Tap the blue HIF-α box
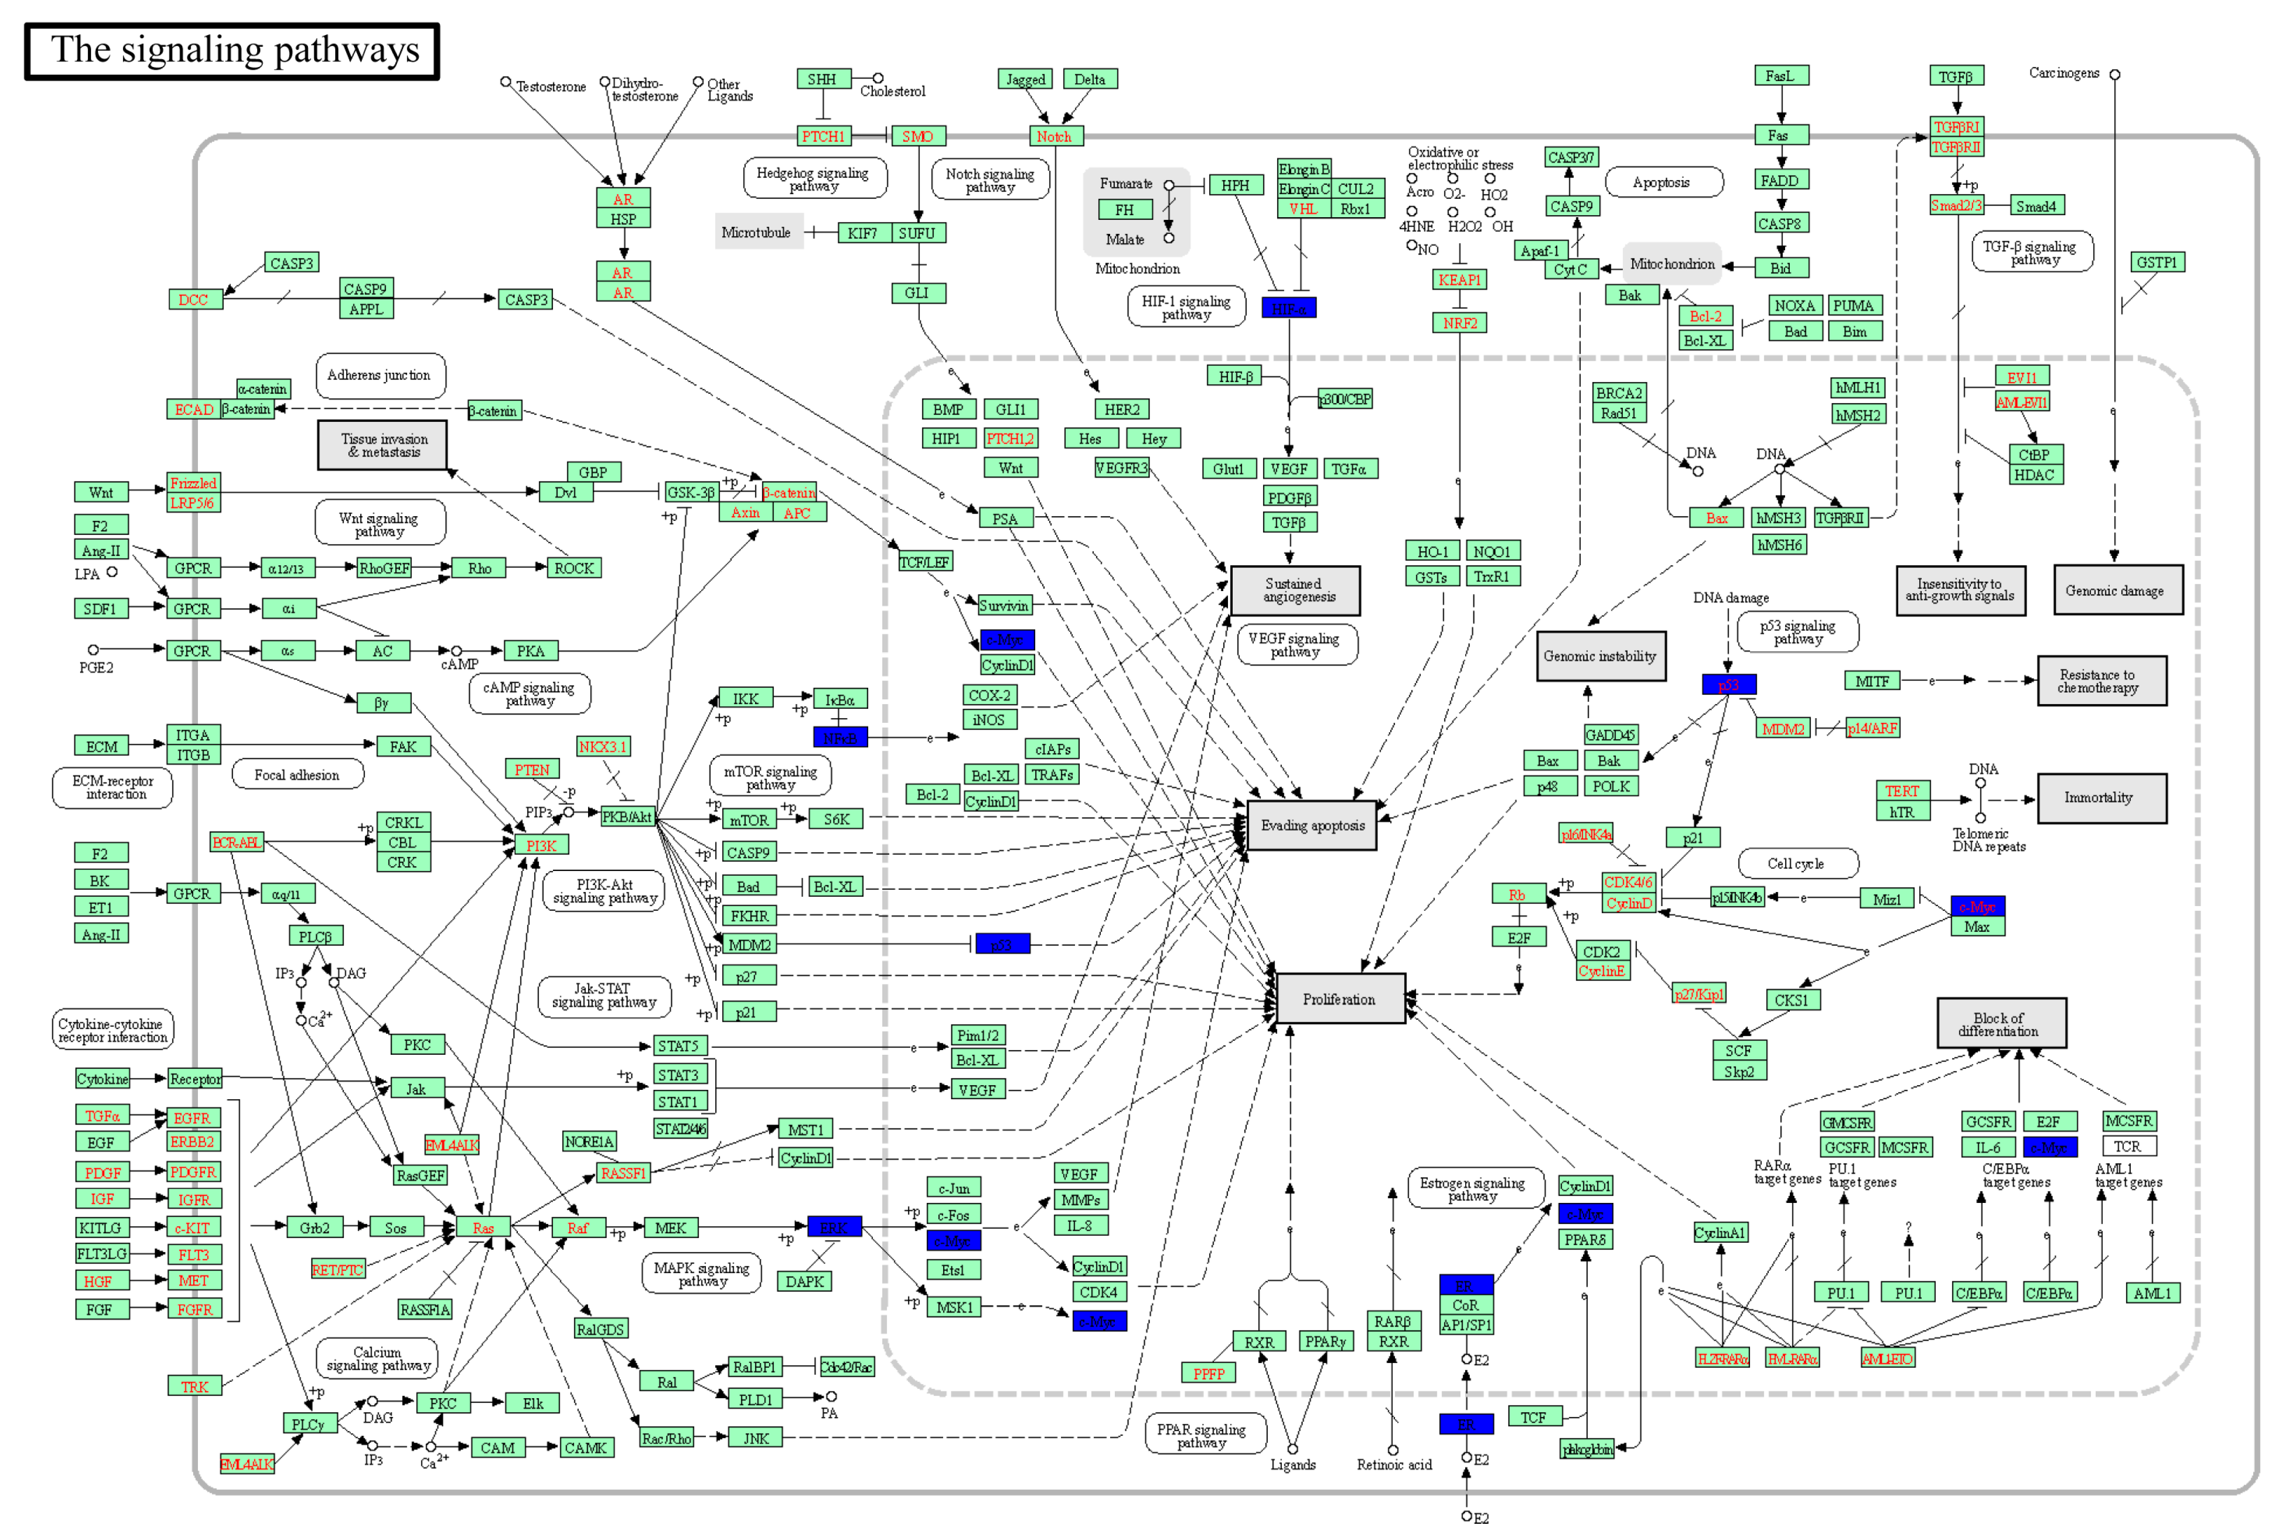point(1288,308)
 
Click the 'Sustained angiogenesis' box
point(1297,590)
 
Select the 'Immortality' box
point(2100,798)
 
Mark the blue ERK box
point(833,1227)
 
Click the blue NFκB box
point(840,738)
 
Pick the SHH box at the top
point(822,80)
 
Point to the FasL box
point(1780,75)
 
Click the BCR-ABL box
point(237,843)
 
